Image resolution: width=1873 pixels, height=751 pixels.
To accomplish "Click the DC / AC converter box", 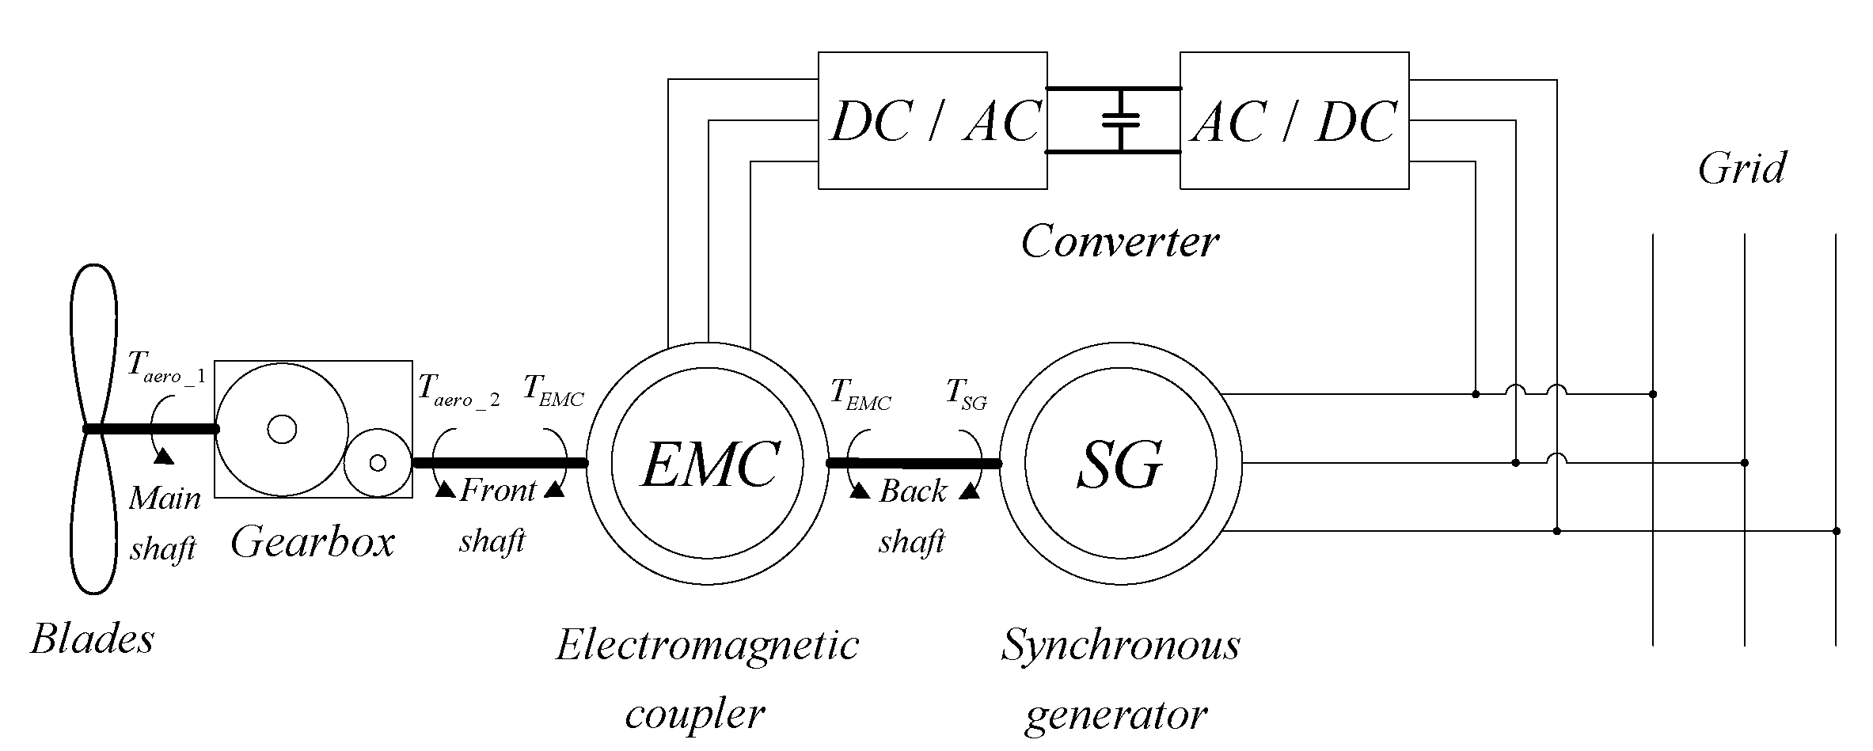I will (932, 120).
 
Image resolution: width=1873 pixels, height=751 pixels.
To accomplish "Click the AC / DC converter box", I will (1294, 120).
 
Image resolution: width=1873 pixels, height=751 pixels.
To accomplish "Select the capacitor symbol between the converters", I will (1119, 120).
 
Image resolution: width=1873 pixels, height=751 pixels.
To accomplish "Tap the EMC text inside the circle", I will (708, 465).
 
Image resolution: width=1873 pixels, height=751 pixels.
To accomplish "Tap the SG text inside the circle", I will (1119, 465).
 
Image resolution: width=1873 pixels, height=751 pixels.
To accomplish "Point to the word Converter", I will (1119, 241).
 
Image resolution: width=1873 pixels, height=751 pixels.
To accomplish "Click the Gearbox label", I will (312, 543).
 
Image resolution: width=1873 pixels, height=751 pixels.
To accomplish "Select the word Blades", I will (93, 639).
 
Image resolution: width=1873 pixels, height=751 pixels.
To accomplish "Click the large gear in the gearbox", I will (282, 430).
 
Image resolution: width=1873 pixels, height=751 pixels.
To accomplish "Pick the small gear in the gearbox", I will (378, 462).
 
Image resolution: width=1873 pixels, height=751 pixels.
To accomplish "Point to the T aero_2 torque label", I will (458, 389).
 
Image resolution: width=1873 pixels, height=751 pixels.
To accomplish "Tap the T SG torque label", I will (967, 393).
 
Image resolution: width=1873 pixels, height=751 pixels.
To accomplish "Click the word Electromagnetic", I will (707, 645).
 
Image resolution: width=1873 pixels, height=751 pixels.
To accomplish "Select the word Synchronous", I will (1119, 645).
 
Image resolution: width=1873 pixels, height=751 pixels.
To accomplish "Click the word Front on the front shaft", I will (498, 491).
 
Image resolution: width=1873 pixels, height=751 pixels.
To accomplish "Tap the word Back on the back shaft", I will (912, 492).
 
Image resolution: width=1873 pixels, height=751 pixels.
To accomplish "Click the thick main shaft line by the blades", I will (150, 429).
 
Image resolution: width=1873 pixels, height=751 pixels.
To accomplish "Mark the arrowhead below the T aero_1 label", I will (164, 456).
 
